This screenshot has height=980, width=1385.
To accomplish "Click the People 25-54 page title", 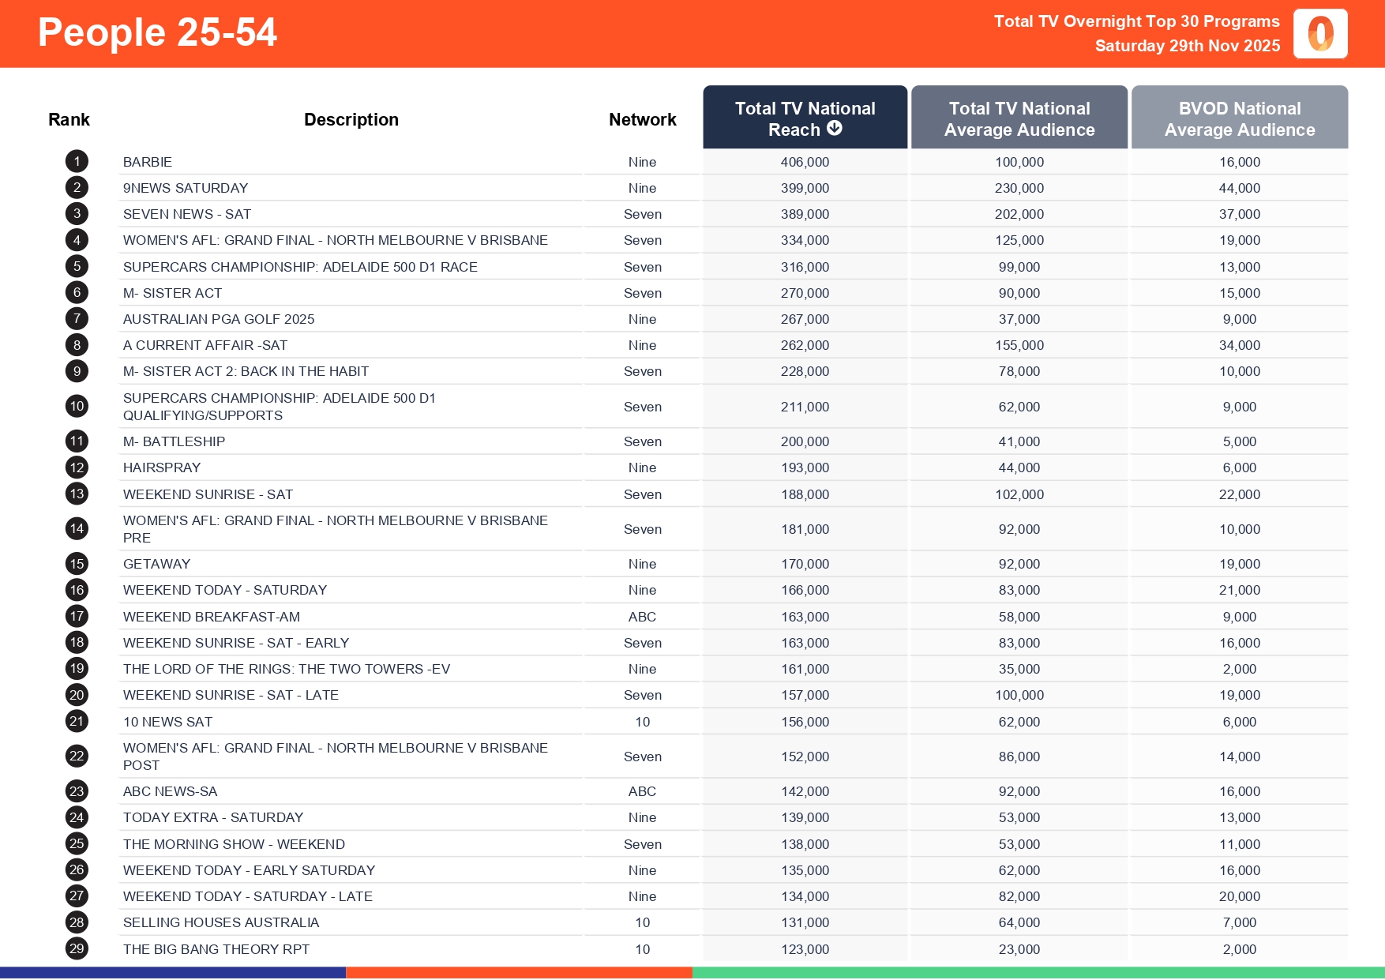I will [x=157, y=33].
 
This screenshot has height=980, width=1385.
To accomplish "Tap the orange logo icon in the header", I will [x=1320, y=34].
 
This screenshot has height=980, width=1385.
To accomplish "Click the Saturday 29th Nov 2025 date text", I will [x=1187, y=46].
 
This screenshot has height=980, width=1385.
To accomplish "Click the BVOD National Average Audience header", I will [x=1239, y=118].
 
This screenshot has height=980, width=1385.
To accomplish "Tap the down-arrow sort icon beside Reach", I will [x=835, y=129].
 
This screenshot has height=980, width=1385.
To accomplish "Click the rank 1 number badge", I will [x=77, y=162].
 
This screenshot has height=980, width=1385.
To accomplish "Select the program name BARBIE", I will [x=148, y=162].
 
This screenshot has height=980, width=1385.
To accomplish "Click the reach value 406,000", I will [x=805, y=162].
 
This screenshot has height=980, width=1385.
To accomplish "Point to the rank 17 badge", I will [x=77, y=617].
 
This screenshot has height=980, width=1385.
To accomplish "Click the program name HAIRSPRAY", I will [x=162, y=467].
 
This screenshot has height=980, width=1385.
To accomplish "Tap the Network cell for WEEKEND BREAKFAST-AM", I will [x=642, y=617].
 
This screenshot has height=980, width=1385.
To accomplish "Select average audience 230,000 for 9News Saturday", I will [x=1019, y=188].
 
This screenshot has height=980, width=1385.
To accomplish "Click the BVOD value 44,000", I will [x=1239, y=188].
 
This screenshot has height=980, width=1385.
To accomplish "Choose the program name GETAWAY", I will [x=156, y=564].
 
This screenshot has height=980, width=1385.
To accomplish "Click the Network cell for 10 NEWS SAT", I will [x=642, y=722].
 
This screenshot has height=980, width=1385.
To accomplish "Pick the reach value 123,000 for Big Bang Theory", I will [x=805, y=949].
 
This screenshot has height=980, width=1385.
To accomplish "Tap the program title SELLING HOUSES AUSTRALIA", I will [x=221, y=922].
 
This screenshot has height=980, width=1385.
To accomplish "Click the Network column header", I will [x=642, y=119].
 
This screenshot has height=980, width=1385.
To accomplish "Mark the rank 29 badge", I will [x=77, y=949].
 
